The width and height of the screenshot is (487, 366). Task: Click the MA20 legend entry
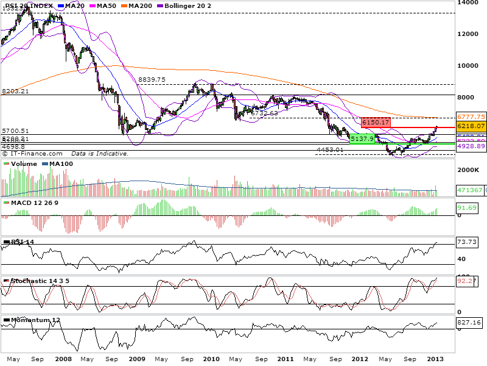point(72,5)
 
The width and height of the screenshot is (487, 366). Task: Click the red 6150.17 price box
point(375,123)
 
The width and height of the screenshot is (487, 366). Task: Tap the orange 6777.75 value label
point(471,117)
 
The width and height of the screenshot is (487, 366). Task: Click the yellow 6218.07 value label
point(471,126)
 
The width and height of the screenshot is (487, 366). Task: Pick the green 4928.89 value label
point(471,146)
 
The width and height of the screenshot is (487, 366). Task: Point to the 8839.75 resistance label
point(152,80)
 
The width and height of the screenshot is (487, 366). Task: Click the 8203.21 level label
point(16,91)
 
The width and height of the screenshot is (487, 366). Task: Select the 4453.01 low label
point(330,149)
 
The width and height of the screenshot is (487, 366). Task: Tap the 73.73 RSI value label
point(466,243)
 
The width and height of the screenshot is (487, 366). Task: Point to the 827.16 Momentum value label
point(468,321)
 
